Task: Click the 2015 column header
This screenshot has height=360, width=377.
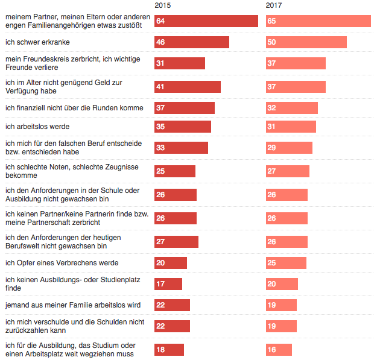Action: point(162,5)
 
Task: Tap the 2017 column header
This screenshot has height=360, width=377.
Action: point(274,5)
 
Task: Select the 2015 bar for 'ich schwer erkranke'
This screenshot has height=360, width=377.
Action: point(191,42)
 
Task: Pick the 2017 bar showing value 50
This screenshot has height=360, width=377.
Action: point(306,42)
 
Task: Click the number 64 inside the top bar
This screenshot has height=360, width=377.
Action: point(160,21)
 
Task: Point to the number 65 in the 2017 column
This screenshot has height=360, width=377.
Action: point(271,21)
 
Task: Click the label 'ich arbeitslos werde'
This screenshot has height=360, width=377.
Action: point(37,127)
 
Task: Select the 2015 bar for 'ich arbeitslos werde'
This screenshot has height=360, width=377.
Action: point(182,127)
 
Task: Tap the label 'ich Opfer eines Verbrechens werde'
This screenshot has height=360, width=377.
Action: point(62,263)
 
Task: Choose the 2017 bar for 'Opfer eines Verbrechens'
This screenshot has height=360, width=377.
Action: point(286,263)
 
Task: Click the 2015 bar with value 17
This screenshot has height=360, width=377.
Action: point(168,284)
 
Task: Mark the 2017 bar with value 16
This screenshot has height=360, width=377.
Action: point(279,350)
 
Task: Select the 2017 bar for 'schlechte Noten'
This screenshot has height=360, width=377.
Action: point(287,171)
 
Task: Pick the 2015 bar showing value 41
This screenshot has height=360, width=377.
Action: point(187,87)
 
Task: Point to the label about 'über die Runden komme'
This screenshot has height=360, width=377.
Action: point(74,108)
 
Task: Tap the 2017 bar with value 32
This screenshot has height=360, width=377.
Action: point(291,108)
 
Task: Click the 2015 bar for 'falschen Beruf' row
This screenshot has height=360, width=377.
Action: point(181,148)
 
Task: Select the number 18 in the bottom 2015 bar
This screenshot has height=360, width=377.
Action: point(160,350)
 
